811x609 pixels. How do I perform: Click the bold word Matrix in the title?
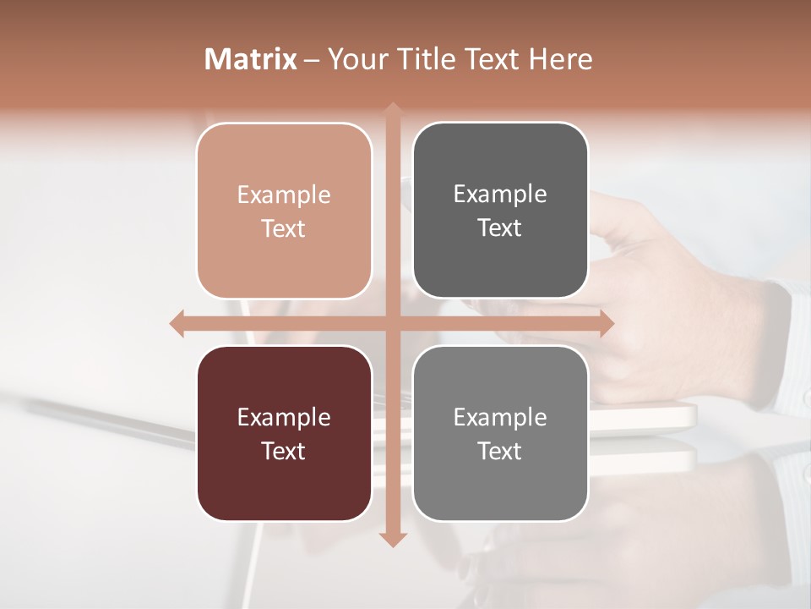click(251, 59)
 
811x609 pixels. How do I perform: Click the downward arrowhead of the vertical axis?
click(393, 539)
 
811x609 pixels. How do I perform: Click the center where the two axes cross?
click(393, 323)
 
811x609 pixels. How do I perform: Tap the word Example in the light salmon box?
click(284, 195)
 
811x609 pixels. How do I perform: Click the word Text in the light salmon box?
click(284, 228)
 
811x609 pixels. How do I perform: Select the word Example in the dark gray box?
click(500, 195)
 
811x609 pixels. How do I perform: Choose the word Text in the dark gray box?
click(500, 228)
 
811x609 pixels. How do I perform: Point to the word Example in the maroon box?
click(284, 418)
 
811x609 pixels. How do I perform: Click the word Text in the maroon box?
click(284, 451)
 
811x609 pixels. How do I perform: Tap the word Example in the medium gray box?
click(500, 418)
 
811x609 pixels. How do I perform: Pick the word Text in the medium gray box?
click(500, 451)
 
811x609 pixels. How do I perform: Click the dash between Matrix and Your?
click(312, 60)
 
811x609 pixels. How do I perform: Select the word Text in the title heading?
click(493, 59)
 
